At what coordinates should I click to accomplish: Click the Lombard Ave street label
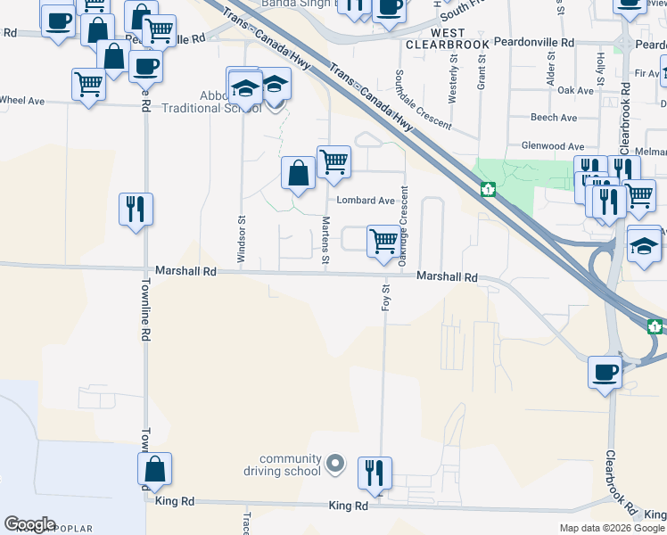coord(365,201)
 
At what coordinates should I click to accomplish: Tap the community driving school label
coord(290,465)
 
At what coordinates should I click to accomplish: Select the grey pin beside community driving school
coord(335,464)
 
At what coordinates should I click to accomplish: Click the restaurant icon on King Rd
coord(375,473)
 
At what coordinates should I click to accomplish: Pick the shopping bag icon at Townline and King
coord(155,469)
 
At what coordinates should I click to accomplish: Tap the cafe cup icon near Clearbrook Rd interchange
coord(605,371)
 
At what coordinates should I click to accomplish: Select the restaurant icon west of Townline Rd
coord(136,210)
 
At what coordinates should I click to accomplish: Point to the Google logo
coord(29,524)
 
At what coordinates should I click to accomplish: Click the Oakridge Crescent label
coord(404,225)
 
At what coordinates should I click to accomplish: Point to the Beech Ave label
coord(554,118)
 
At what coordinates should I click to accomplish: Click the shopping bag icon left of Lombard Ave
coord(298,173)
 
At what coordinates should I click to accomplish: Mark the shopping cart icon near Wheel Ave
coord(88,85)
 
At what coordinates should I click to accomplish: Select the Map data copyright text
coord(613,528)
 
